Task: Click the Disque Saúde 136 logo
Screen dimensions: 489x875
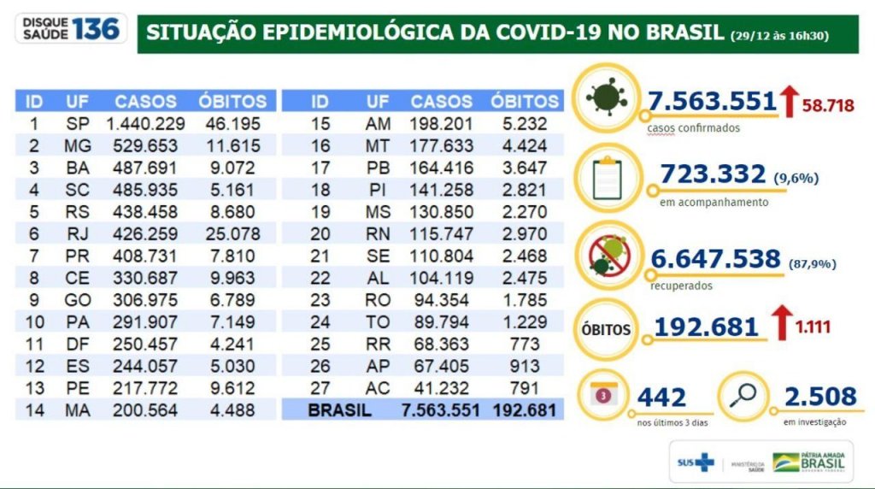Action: coord(70,28)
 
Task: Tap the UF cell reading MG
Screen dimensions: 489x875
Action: coord(77,145)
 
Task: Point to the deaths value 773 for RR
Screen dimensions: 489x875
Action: coord(524,344)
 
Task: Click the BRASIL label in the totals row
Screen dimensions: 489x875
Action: coord(340,410)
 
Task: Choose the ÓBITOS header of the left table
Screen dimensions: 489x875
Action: coord(232,101)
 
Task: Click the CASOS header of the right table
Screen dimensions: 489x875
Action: coord(441,101)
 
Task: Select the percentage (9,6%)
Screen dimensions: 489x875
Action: coord(796,179)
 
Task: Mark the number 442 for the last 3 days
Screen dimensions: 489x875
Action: coord(661,398)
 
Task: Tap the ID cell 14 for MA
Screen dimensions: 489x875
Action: coord(34,410)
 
